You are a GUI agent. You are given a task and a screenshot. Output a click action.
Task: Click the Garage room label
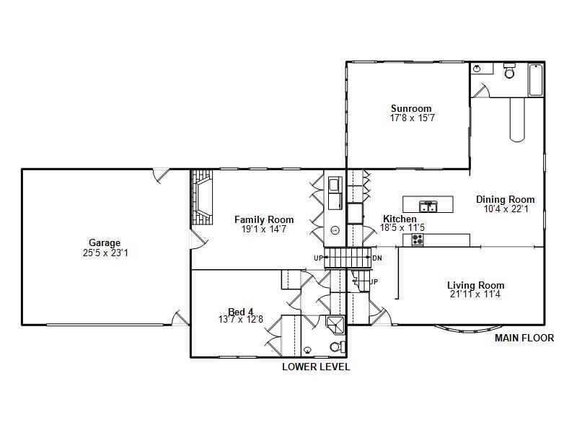[105, 243]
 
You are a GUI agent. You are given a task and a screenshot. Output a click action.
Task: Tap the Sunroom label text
[411, 109]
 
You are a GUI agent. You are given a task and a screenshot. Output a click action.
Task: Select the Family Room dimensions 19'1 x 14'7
[264, 229]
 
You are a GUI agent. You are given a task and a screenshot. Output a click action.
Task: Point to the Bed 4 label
[241, 312]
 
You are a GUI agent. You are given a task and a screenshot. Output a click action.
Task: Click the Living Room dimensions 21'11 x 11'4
[475, 294]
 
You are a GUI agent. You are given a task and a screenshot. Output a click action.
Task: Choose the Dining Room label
[505, 200]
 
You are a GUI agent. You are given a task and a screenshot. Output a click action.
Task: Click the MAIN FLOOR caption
[524, 338]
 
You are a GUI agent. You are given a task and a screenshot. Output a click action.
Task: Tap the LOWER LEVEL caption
[316, 367]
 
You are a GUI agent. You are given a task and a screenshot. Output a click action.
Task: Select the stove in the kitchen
[418, 240]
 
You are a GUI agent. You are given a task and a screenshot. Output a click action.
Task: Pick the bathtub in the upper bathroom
[535, 80]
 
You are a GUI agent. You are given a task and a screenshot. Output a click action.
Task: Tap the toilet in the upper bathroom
[510, 71]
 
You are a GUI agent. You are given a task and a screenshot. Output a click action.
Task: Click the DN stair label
[376, 258]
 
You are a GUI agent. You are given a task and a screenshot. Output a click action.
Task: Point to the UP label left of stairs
[318, 258]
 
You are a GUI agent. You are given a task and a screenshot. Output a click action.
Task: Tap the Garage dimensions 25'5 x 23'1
[105, 253]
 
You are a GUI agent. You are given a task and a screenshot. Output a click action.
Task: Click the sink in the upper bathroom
[479, 69]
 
